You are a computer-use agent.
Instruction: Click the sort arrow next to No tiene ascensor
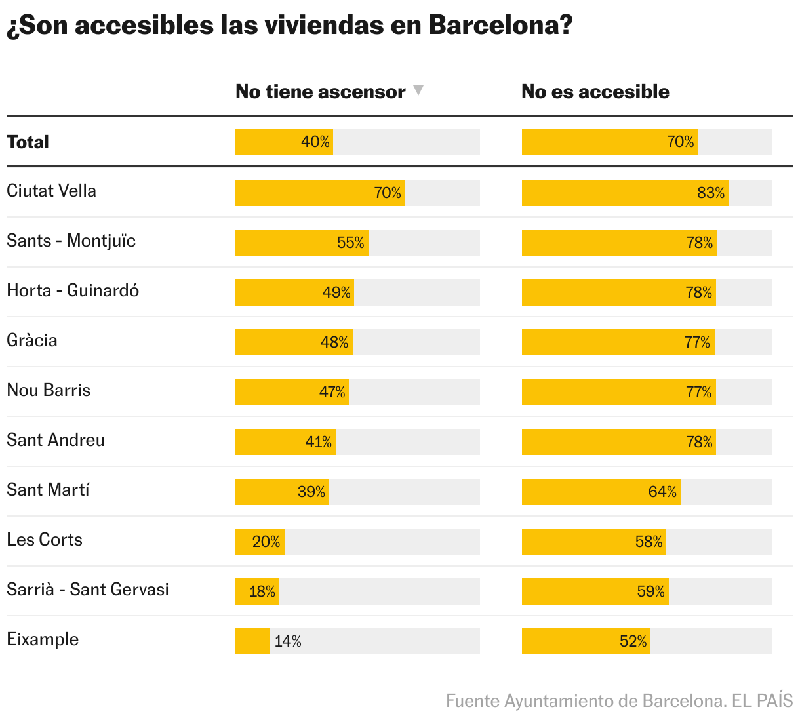click(x=418, y=90)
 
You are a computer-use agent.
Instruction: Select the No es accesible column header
click(x=595, y=92)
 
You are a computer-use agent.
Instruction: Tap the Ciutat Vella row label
click(x=51, y=191)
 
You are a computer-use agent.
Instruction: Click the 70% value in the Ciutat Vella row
click(x=388, y=193)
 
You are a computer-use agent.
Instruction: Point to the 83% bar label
click(x=711, y=193)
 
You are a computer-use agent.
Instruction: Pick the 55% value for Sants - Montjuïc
click(x=351, y=243)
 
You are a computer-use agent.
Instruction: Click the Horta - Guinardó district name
click(x=73, y=290)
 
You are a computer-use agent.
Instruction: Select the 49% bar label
click(x=336, y=292)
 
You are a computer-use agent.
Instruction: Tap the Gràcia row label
click(x=32, y=340)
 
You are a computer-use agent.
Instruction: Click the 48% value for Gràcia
click(x=334, y=342)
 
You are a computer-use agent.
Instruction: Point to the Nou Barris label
click(x=49, y=390)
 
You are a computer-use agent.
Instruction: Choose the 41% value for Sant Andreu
click(x=319, y=442)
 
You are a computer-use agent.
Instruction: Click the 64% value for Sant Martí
click(x=662, y=492)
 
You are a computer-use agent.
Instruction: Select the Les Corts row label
click(x=45, y=540)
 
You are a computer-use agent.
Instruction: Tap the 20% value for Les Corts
click(x=266, y=542)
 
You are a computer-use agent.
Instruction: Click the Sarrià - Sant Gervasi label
click(x=88, y=590)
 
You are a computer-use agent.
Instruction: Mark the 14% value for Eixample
click(x=288, y=641)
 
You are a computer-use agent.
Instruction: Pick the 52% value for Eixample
click(x=633, y=641)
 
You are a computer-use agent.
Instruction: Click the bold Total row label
click(x=28, y=142)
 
